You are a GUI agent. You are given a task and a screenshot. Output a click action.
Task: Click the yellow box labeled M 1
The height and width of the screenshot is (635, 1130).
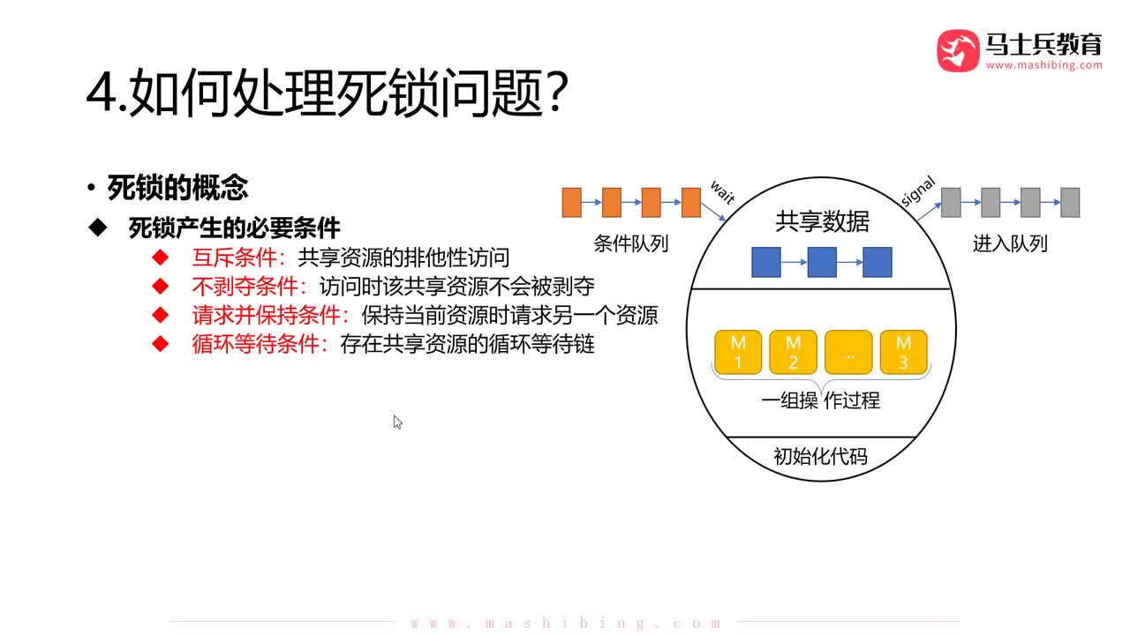point(738,352)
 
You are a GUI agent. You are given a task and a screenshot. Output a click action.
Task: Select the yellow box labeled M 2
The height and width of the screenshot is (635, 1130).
point(793,352)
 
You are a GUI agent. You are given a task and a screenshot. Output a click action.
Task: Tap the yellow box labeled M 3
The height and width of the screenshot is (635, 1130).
point(903,352)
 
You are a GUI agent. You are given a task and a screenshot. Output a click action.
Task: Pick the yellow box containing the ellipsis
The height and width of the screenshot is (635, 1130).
point(848,352)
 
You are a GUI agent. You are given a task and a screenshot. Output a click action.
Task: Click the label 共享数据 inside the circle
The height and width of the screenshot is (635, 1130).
point(822,222)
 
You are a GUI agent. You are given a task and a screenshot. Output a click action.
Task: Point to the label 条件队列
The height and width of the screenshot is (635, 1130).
point(630,243)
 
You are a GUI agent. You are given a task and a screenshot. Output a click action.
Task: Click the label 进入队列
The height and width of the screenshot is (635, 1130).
point(1010,243)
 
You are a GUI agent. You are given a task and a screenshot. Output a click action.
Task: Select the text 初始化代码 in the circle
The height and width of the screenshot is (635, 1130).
point(820,456)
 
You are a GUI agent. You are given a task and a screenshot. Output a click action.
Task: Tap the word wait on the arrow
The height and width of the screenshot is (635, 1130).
point(722,191)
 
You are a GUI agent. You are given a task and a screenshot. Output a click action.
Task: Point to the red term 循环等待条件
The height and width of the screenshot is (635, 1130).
point(255,343)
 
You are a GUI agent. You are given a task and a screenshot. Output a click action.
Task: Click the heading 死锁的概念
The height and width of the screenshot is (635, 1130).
point(177,187)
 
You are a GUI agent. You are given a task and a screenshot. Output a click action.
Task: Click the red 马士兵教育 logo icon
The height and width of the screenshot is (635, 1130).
point(958,51)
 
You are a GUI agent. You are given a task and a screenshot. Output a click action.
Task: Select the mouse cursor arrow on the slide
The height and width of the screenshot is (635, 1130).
point(397,422)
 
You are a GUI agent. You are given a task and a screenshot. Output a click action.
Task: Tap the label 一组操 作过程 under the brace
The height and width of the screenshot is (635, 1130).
point(820,401)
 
